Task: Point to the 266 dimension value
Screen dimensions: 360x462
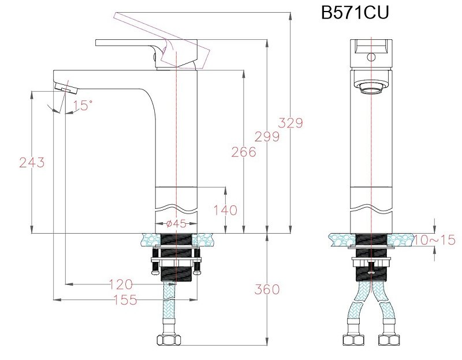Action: (243, 152)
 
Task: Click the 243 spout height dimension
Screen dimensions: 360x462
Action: (32, 163)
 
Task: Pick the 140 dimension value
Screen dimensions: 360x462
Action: (225, 210)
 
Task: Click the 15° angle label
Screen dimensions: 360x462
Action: (83, 105)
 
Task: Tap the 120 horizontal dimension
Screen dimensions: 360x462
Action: (120, 284)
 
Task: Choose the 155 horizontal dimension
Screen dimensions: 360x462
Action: (125, 299)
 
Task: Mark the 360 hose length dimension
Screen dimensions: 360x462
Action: (267, 289)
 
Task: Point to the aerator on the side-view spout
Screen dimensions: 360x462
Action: (65, 88)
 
